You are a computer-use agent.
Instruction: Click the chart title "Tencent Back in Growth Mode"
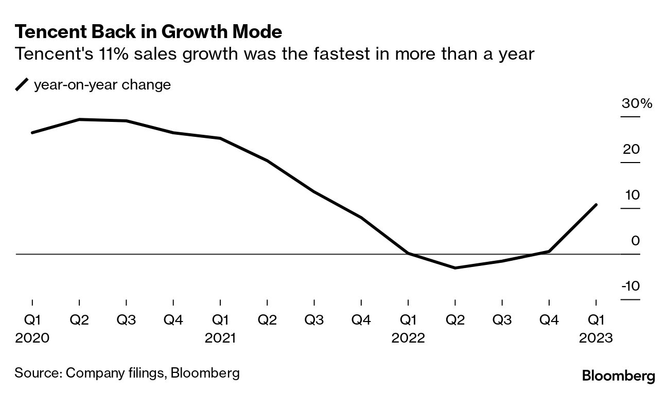pos(148,32)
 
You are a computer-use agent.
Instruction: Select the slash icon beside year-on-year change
pos(22,85)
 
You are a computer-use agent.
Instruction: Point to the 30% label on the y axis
pos(637,103)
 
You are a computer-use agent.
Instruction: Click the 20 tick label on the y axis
pos(631,150)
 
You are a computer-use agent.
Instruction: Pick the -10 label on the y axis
pos(630,286)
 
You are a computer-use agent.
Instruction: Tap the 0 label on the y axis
pos(635,241)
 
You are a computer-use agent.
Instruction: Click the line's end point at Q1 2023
pos(596,205)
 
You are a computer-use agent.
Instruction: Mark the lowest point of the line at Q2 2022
pos(455,268)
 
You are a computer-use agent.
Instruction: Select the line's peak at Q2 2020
pos(79,119)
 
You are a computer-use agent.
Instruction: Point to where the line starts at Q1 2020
pos(32,133)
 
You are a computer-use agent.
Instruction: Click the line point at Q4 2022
pos(549,252)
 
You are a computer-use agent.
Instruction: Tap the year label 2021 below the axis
pos(220,338)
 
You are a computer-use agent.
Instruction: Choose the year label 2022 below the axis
pos(408,338)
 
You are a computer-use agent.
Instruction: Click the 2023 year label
pos(596,338)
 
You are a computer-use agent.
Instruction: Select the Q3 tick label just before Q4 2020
pos(126,320)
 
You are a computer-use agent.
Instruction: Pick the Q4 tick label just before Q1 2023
pos(549,320)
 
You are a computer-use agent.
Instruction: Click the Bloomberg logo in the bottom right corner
pos(618,376)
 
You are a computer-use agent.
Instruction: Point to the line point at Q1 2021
pos(220,138)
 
